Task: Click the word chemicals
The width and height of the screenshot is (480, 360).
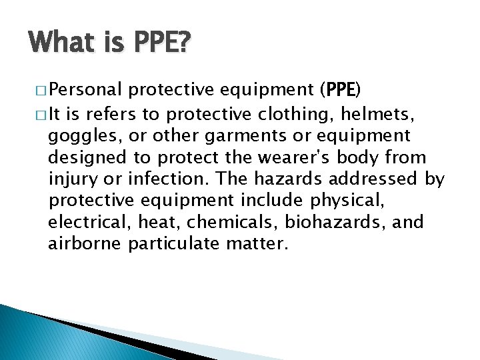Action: point(231,222)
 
